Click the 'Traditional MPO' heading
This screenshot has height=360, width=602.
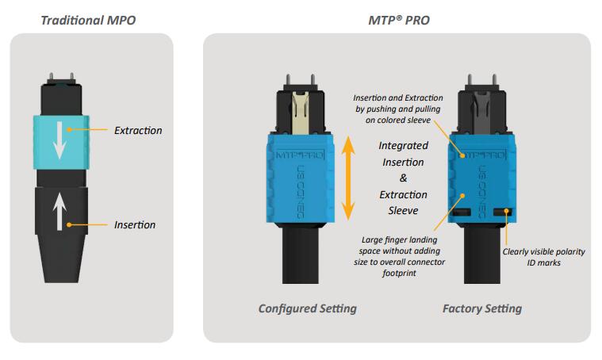tap(89, 18)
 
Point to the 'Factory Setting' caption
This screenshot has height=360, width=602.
tap(481, 308)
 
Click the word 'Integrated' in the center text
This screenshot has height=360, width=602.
tap(403, 146)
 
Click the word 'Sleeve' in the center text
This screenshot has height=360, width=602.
tap(403, 211)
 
